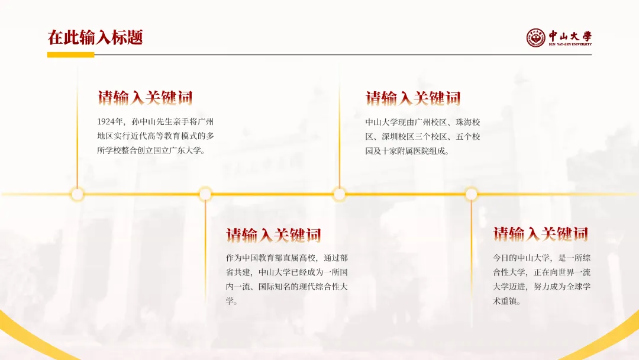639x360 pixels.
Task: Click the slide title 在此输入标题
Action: point(95,38)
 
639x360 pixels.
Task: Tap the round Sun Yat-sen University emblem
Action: point(535,38)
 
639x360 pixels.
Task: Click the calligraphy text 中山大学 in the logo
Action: point(569,36)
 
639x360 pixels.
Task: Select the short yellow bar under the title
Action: point(70,54)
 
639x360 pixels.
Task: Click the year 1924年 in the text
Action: point(111,122)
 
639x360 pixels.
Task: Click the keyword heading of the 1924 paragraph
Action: point(145,98)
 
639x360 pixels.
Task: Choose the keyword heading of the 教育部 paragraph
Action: point(273,234)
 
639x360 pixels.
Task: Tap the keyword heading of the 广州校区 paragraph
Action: point(413,98)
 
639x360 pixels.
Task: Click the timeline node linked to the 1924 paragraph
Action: point(78,194)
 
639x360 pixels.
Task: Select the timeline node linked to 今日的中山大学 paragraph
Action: point(472,194)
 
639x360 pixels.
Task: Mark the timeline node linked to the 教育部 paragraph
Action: point(205,194)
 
